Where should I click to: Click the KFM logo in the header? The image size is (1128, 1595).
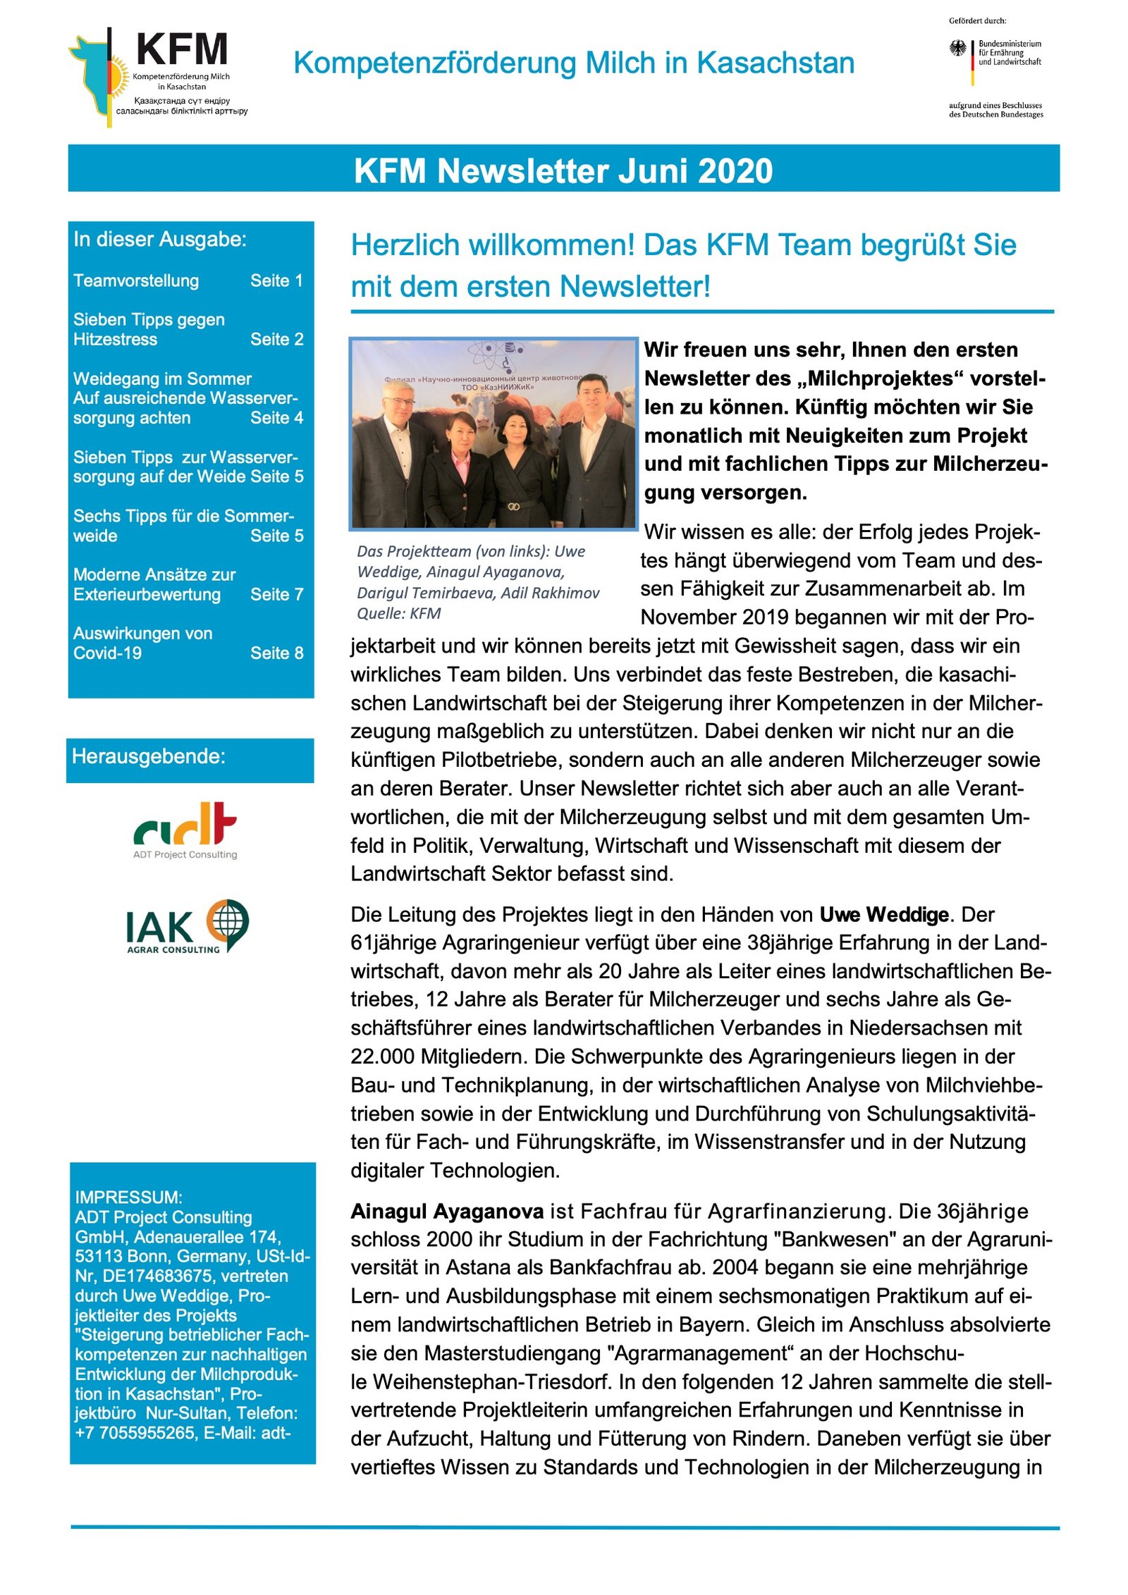158,76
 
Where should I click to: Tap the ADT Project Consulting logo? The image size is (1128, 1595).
185,830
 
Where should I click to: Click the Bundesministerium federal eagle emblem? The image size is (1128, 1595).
957,49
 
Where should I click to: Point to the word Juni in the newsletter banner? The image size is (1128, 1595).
654,171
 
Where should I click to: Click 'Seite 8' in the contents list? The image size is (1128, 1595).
276,653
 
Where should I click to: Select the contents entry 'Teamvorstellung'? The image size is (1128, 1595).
136,281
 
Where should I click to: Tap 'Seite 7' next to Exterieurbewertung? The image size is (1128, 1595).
276,595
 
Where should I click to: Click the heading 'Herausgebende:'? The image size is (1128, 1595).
149,757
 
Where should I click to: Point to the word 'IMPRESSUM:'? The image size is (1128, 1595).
128,1197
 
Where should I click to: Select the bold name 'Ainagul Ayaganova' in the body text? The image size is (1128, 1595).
447,1212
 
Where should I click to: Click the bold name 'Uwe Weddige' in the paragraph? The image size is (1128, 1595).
883,915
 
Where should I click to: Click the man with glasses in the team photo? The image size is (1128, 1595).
396,451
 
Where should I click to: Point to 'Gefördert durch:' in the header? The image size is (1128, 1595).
977,21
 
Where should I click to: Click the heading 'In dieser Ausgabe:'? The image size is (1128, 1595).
160,240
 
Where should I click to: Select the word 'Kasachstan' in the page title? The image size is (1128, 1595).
775,63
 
